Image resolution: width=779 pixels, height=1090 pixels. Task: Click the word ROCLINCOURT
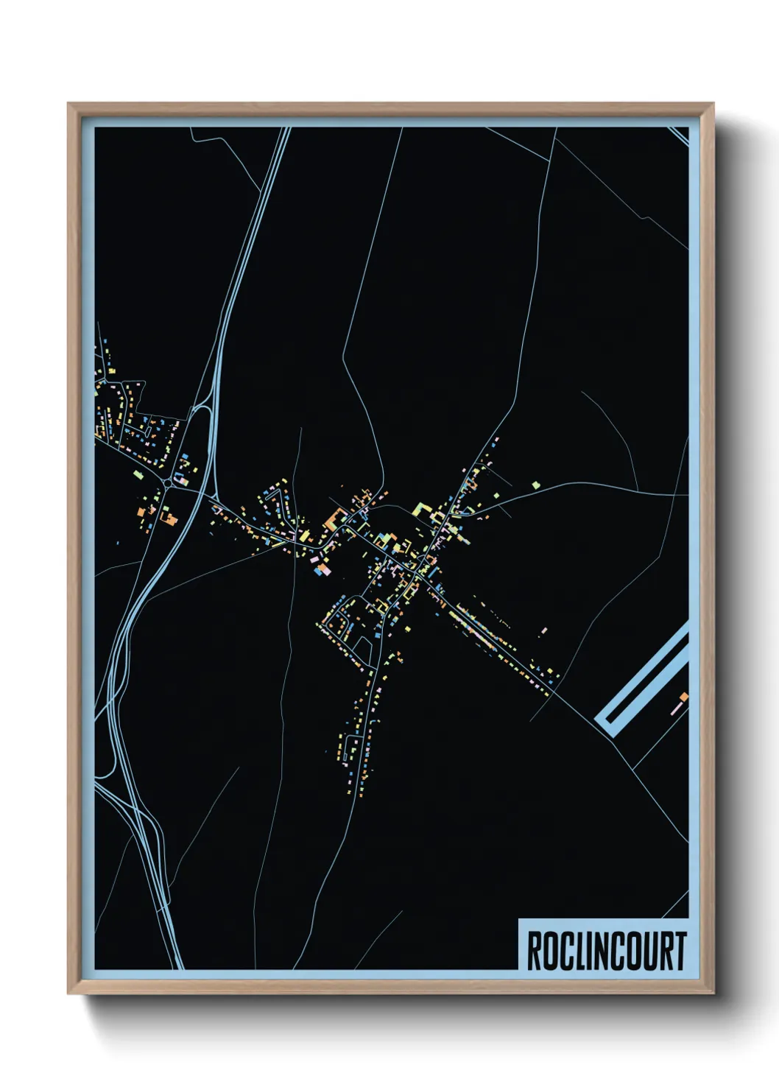click(606, 952)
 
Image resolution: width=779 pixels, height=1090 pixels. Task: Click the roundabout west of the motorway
click(170, 482)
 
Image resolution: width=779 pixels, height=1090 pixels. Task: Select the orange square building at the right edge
click(683, 697)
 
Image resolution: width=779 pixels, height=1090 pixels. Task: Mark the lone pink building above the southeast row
click(544, 630)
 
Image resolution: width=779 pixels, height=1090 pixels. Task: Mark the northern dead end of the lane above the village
click(300, 429)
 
